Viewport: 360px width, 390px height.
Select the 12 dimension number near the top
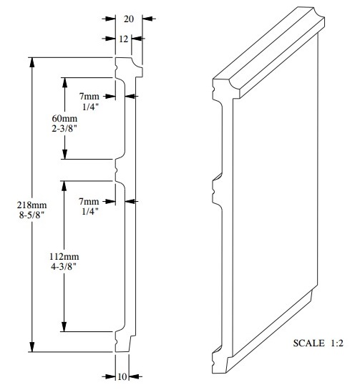pyautogui.click(x=123, y=39)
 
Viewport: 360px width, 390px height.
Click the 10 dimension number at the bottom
pyautogui.click(x=122, y=376)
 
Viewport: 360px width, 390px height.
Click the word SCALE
pyautogui.click(x=309, y=343)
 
